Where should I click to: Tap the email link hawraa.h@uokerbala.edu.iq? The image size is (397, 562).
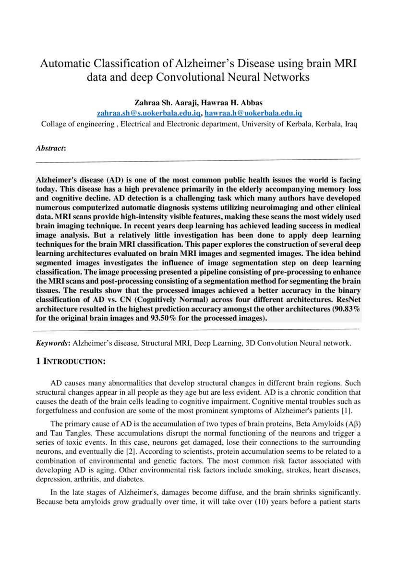(253, 113)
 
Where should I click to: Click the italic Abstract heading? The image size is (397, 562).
(50, 148)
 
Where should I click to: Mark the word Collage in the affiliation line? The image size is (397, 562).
(54, 124)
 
